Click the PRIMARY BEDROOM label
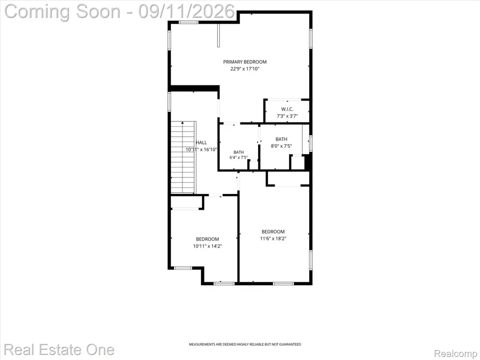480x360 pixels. pyautogui.click(x=245, y=62)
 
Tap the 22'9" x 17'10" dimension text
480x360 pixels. pyautogui.click(x=245, y=69)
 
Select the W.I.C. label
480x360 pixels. pyautogui.click(x=287, y=109)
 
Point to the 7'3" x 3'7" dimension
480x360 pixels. pyautogui.click(x=287, y=116)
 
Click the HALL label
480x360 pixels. pyautogui.click(x=201, y=143)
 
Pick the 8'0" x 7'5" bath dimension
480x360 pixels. pyautogui.click(x=281, y=146)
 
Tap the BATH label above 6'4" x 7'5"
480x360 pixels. pyautogui.click(x=239, y=152)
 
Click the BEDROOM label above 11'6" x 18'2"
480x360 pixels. pyautogui.click(x=273, y=232)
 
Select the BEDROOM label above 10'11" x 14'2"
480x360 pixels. pyautogui.click(x=207, y=239)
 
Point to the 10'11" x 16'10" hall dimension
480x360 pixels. pyautogui.click(x=202, y=150)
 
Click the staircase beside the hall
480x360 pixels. pyautogui.click(x=183, y=157)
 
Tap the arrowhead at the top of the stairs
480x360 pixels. pyautogui.click(x=183, y=122)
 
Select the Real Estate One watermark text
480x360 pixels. pyautogui.click(x=59, y=350)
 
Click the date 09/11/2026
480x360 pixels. pyautogui.click(x=187, y=12)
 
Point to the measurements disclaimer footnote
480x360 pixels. pyautogui.click(x=245, y=344)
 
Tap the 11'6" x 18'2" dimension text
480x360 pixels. pyautogui.click(x=273, y=239)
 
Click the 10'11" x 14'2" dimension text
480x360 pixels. pyautogui.click(x=207, y=246)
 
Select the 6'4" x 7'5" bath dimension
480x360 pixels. pyautogui.click(x=239, y=157)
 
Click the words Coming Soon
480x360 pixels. pyautogui.click(x=62, y=12)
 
